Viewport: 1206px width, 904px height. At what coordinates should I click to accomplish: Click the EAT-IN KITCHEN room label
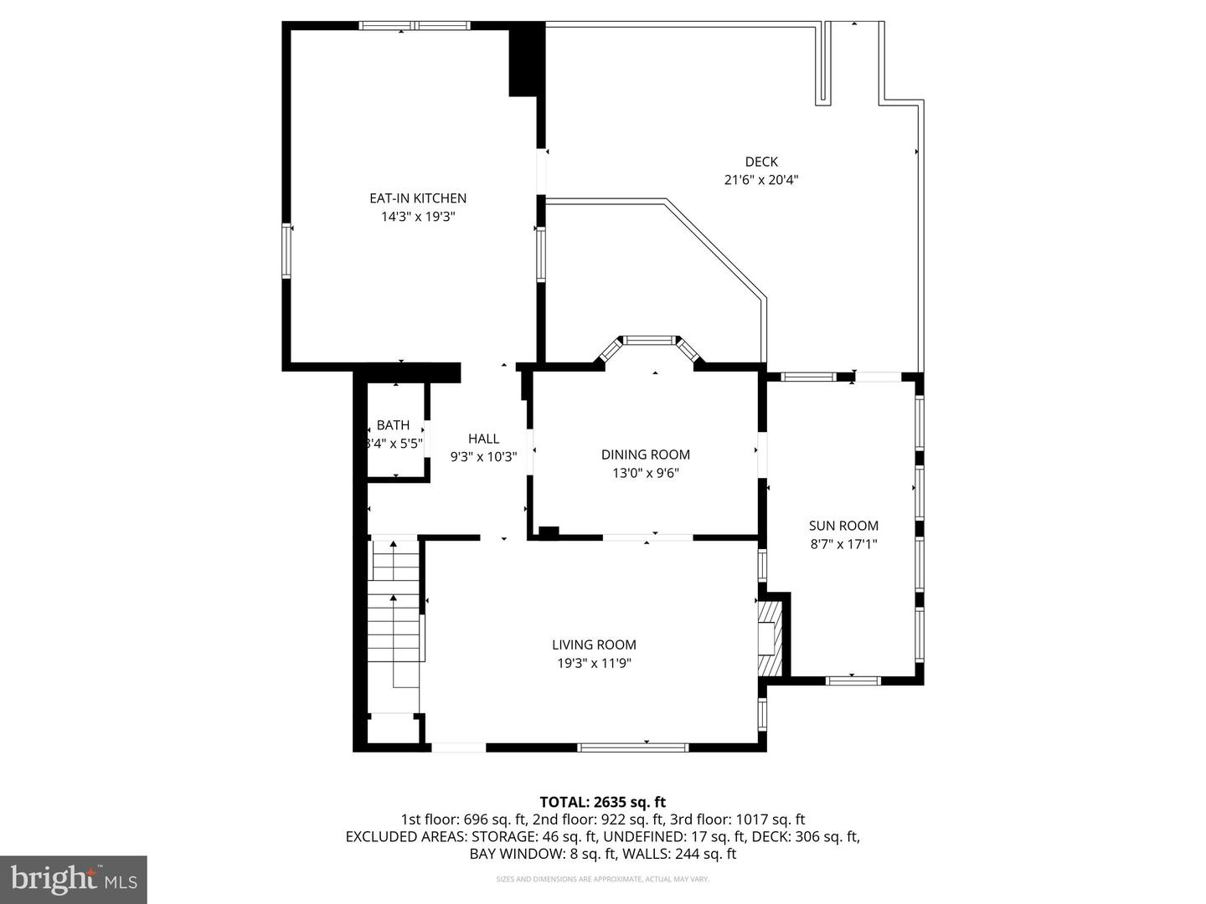[x=418, y=198]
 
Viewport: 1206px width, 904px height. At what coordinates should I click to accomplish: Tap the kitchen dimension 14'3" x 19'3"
[x=418, y=217]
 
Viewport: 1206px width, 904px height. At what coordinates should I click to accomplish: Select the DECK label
[x=761, y=162]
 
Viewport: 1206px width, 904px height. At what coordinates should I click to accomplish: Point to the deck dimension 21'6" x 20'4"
[x=761, y=180]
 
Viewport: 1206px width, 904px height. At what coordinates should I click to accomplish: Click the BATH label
[x=393, y=425]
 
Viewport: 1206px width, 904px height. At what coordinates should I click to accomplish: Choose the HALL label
[x=483, y=439]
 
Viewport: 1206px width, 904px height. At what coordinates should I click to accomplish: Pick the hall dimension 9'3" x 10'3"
[x=483, y=457]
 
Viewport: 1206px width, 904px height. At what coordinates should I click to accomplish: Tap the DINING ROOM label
[x=646, y=455]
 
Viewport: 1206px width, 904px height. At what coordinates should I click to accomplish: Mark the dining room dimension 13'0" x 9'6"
[x=646, y=473]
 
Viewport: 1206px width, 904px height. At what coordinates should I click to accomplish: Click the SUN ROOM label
[x=843, y=526]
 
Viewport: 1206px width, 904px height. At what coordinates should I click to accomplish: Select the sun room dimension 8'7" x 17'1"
[x=843, y=544]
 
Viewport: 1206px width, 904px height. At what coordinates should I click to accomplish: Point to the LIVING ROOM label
[x=594, y=645]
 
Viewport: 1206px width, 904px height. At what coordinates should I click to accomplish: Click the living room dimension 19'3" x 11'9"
[x=594, y=663]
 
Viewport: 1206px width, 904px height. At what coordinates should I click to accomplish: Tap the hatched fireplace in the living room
[x=769, y=638]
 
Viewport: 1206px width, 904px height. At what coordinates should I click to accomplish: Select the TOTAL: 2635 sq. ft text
[x=602, y=803]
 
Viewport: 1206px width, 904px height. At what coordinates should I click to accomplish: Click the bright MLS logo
[x=73, y=879]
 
